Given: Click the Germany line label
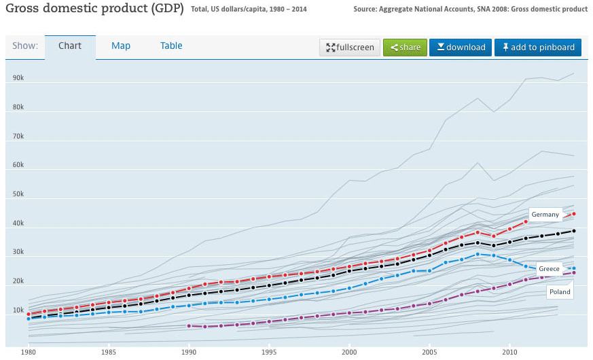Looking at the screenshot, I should tap(545, 215).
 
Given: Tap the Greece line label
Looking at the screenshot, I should tap(549, 269).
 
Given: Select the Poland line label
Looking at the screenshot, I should tap(560, 292).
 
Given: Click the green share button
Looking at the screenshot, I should tap(405, 47).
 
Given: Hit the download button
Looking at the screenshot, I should tap(461, 47).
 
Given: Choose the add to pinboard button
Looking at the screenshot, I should tap(538, 47).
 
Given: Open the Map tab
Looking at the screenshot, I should tap(121, 46).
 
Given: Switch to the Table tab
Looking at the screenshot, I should tap(171, 46).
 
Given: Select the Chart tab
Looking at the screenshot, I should tap(70, 46).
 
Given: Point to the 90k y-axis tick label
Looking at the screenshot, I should tap(18, 78).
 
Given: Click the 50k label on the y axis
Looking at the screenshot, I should tap(18, 194).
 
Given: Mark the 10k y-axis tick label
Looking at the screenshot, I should tap(18, 310).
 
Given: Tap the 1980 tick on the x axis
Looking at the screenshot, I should tap(28, 353).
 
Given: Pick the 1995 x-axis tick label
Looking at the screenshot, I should tap(269, 353).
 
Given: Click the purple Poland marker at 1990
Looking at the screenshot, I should tap(189, 326).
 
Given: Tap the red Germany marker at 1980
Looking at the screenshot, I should tap(28, 314).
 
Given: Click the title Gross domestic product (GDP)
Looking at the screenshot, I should tap(93, 10).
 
